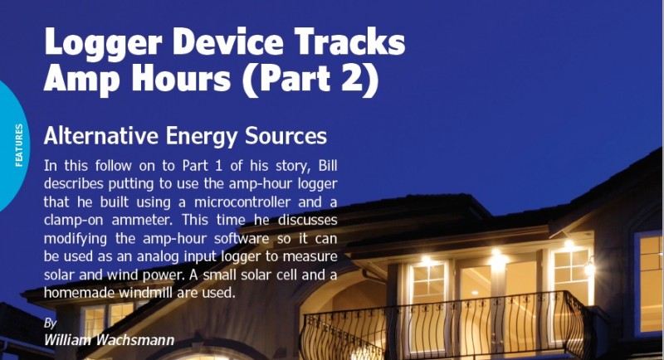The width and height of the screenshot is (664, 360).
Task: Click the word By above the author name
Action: click(x=50, y=322)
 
